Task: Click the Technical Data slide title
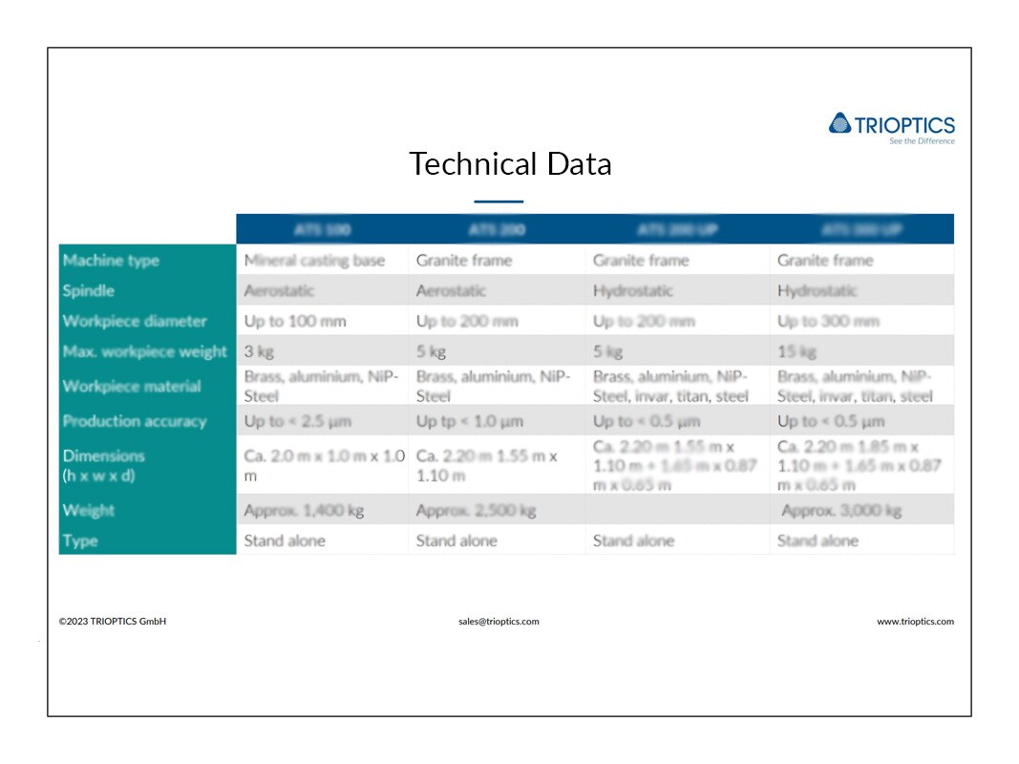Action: click(x=510, y=164)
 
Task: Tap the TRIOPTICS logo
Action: click(x=891, y=126)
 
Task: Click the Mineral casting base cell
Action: click(x=314, y=260)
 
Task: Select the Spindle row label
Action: click(x=89, y=290)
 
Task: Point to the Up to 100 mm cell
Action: click(x=295, y=321)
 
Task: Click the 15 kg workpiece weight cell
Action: click(x=797, y=351)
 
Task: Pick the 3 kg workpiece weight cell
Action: click(x=259, y=351)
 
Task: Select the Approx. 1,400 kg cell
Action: click(x=304, y=511)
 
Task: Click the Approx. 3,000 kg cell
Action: click(x=841, y=511)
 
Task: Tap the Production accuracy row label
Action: click(x=135, y=421)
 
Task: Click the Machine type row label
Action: click(x=111, y=260)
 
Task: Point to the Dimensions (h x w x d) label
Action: click(x=104, y=465)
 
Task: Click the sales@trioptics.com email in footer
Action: click(x=499, y=622)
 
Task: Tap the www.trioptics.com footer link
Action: click(x=915, y=622)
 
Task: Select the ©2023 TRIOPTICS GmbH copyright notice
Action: click(x=113, y=622)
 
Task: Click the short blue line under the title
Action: click(x=499, y=202)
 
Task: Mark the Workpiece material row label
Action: click(x=132, y=386)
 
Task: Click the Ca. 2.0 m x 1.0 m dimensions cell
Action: click(x=323, y=465)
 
